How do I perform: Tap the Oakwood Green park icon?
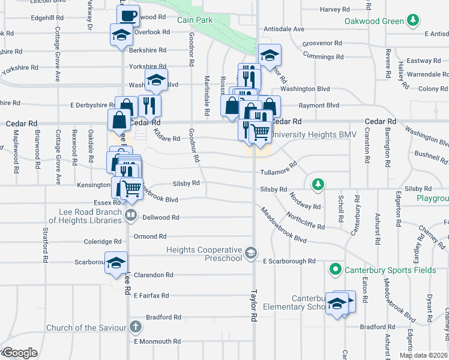click(x=412, y=22)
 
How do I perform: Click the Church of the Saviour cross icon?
click(x=136, y=327)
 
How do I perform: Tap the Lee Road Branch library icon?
click(x=131, y=214)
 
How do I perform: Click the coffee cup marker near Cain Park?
click(x=127, y=15)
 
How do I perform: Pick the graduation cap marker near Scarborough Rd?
click(x=116, y=262)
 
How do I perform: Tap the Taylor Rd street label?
click(x=255, y=316)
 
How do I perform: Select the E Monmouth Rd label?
click(x=157, y=341)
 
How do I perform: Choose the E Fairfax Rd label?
click(x=151, y=296)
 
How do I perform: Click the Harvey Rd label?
click(x=334, y=10)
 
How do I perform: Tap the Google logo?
click(x=20, y=353)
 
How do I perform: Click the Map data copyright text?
click(x=424, y=355)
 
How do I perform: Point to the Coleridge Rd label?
click(x=103, y=242)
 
